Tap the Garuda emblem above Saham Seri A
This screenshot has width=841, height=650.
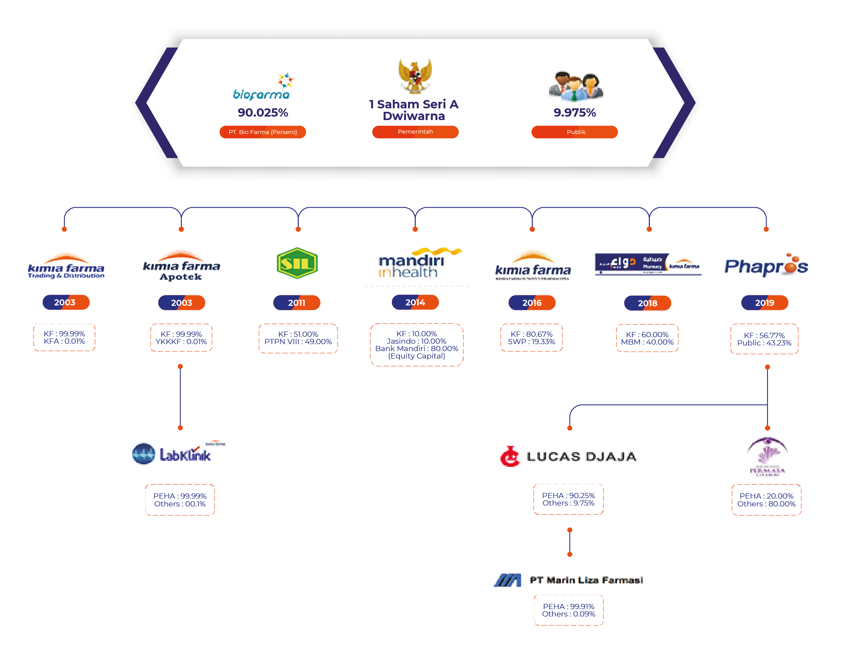[x=415, y=76]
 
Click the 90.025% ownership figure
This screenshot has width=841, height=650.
[x=263, y=113]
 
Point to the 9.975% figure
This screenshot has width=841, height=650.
[x=574, y=113]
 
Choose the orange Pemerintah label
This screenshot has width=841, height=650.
[x=415, y=132]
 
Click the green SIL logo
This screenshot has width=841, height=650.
[x=297, y=263]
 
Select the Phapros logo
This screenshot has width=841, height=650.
[x=766, y=266]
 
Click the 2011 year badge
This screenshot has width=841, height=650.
[x=297, y=303]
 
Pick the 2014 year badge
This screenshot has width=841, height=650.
[x=415, y=302]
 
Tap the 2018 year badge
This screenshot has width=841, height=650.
[x=647, y=303]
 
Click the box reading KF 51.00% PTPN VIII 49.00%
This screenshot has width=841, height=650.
[x=298, y=338]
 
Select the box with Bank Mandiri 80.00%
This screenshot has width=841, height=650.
[x=417, y=345]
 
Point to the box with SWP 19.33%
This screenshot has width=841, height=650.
[x=531, y=338]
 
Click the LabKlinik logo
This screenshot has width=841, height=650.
[x=178, y=454]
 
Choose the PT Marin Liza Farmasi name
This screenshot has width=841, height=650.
[x=586, y=580]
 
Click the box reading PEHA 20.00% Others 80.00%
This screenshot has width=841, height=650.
[x=766, y=500]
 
